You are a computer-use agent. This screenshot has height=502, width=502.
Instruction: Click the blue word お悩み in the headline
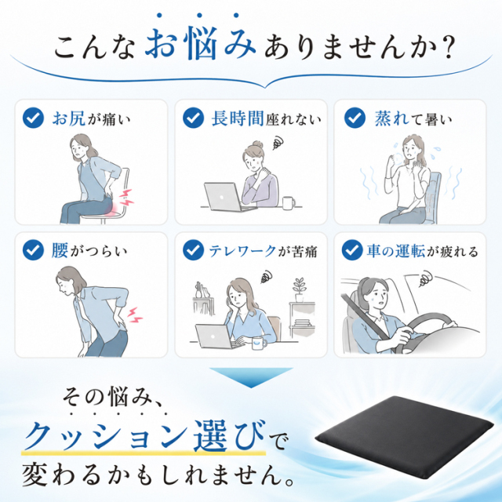(x=200, y=43)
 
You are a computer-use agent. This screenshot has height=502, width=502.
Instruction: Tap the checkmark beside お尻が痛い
(x=33, y=118)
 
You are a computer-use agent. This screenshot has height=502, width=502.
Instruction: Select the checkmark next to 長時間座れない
(x=194, y=118)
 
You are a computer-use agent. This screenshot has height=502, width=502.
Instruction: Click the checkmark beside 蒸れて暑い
(x=355, y=118)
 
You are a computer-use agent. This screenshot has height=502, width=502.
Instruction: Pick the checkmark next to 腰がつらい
(x=33, y=250)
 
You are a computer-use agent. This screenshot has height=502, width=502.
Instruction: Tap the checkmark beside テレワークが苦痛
(x=194, y=250)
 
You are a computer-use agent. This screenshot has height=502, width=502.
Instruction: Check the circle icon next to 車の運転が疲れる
(x=352, y=250)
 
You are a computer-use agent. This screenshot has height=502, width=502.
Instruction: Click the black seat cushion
(x=406, y=438)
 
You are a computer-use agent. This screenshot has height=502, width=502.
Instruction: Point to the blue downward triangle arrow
(x=251, y=376)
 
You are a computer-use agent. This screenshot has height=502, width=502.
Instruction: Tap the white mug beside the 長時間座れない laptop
(x=289, y=203)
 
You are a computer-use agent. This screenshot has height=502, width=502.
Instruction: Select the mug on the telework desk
(x=260, y=343)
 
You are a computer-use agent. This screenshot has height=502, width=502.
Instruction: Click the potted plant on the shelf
(x=300, y=289)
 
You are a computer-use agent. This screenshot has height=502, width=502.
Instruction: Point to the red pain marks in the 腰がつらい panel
(x=135, y=315)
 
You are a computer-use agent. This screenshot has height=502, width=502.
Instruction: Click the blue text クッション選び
(x=145, y=436)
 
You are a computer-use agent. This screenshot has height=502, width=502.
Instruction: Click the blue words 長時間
(x=238, y=118)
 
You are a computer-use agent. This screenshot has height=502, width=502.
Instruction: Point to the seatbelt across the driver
(x=363, y=315)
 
